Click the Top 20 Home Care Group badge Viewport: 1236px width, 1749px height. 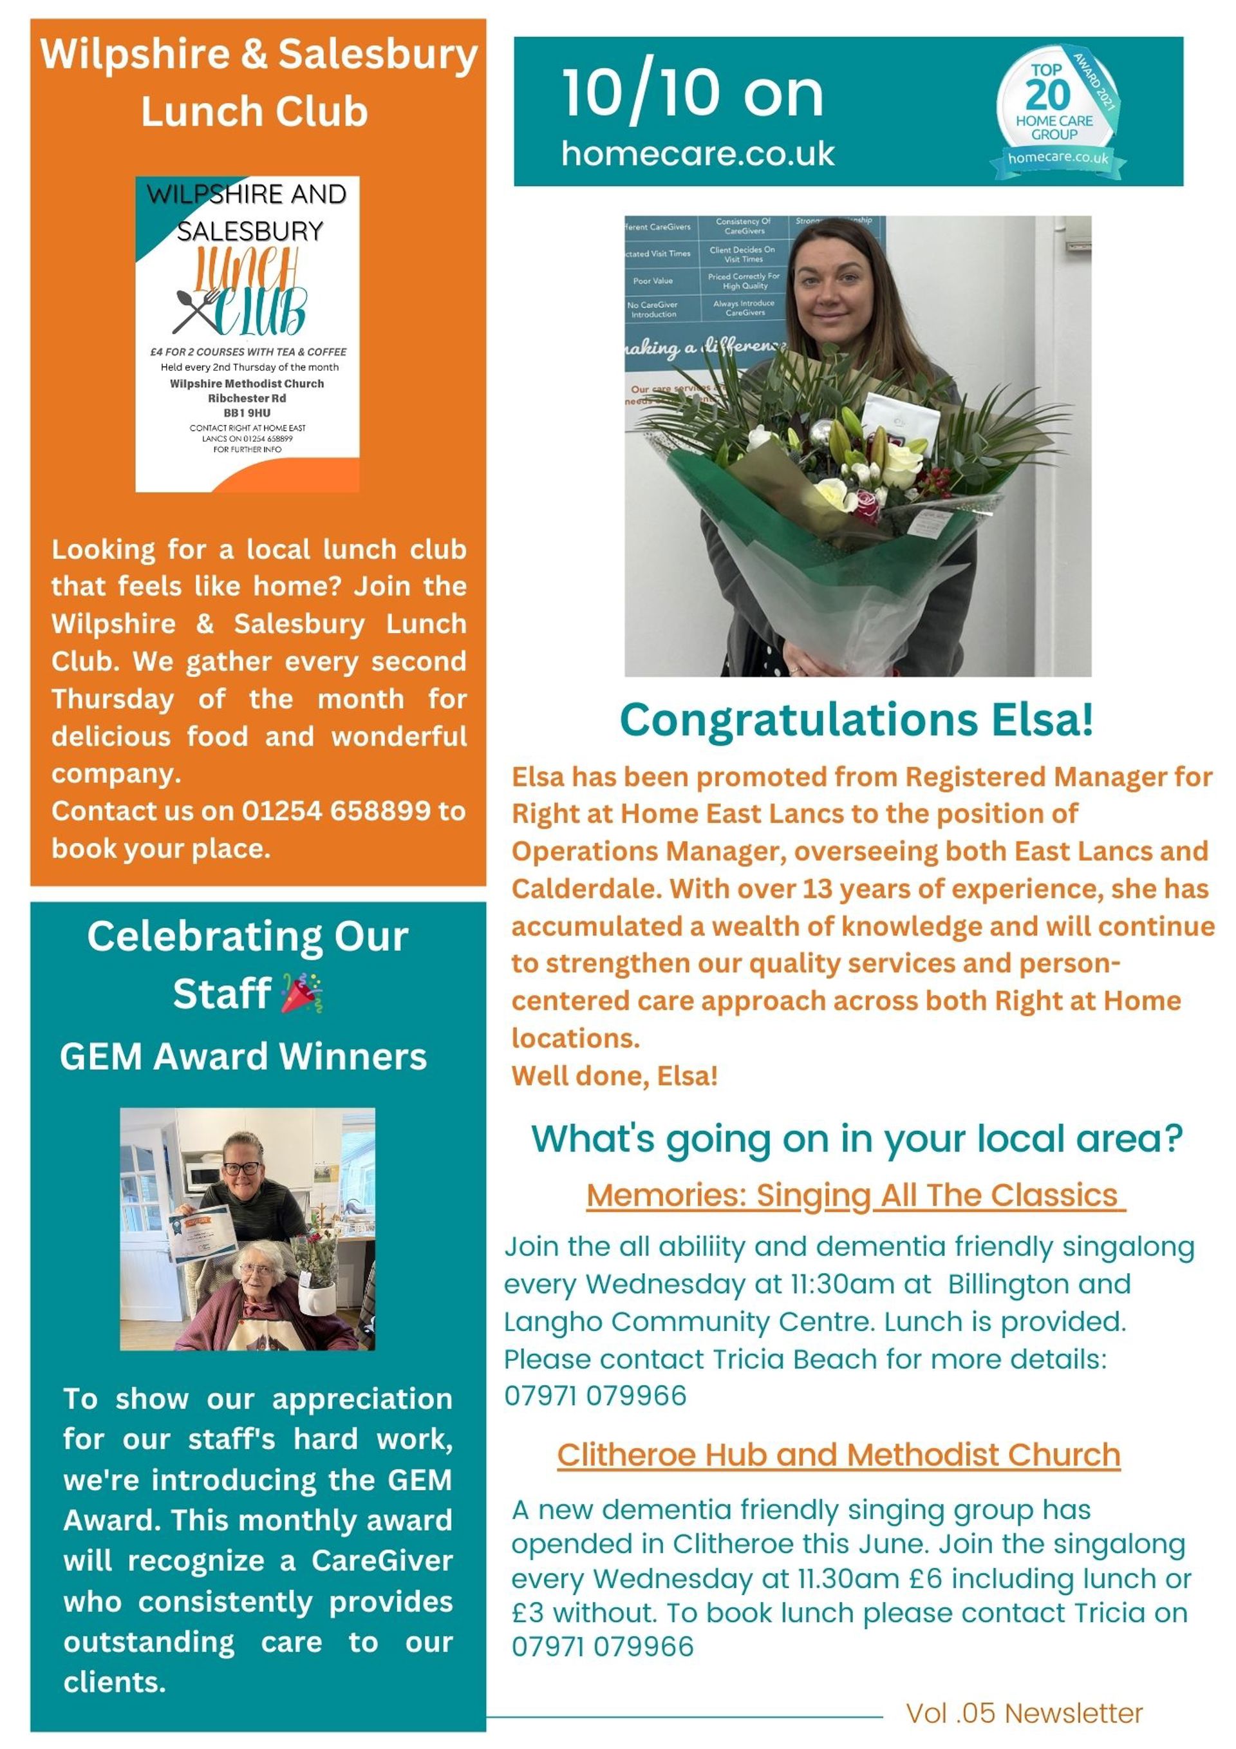pos(1054,111)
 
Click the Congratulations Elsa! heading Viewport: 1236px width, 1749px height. pos(856,719)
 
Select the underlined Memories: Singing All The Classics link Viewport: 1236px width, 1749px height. pos(854,1195)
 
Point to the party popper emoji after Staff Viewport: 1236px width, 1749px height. pos(301,994)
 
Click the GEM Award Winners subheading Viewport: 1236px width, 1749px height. pos(244,1057)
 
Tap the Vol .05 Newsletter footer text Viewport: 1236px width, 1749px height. pos(1024,1713)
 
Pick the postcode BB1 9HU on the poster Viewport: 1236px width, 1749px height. pos(247,413)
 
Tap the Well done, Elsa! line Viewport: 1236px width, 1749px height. pos(615,1075)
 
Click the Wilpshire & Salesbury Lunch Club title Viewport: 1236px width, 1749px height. pos(258,82)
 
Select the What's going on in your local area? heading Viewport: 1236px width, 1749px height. pos(857,1138)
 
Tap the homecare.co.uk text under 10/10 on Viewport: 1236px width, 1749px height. pos(698,154)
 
